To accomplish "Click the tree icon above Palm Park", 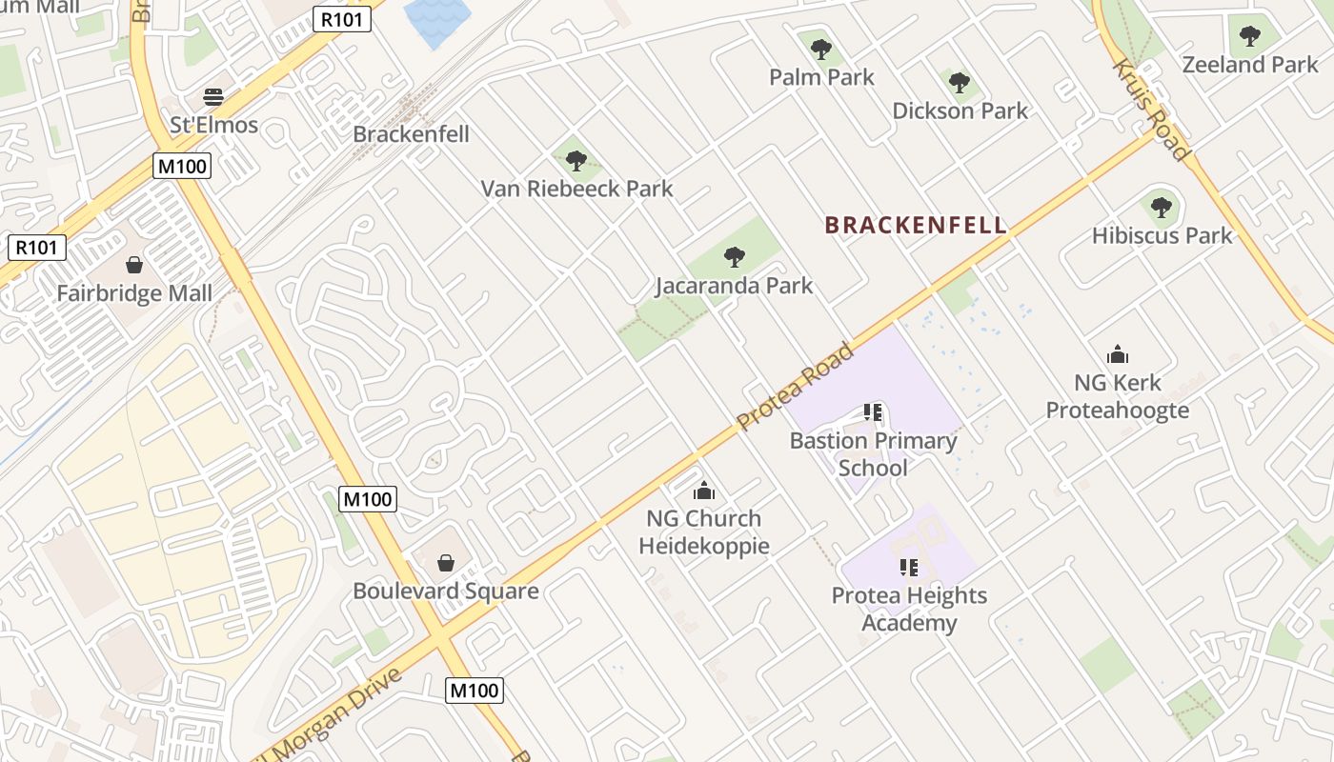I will click(x=821, y=49).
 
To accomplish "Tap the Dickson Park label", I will click(x=960, y=110).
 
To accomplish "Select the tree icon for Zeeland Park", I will click(x=1249, y=36).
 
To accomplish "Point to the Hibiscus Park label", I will click(x=1162, y=235).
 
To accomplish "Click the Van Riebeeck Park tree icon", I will click(x=576, y=160).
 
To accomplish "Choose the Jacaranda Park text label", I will click(x=734, y=285).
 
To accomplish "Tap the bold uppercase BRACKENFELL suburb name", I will click(x=915, y=225).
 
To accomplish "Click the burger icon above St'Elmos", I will click(x=213, y=97).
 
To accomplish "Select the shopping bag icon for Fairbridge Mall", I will click(x=134, y=264).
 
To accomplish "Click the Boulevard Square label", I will click(x=445, y=591).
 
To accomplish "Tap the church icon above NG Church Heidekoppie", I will click(x=704, y=491).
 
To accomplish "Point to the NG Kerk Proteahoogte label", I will click(x=1118, y=396).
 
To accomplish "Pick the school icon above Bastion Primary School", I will click(x=873, y=412).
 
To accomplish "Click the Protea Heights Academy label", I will click(x=909, y=610).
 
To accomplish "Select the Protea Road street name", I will click(x=795, y=385).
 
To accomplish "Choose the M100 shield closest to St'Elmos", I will click(x=182, y=166).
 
